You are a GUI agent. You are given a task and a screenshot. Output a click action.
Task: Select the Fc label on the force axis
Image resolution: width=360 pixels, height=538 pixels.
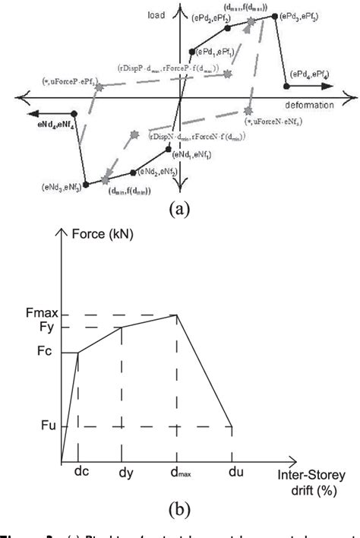tap(43, 353)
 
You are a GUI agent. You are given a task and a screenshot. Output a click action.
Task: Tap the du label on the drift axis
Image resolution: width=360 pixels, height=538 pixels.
tap(233, 472)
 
